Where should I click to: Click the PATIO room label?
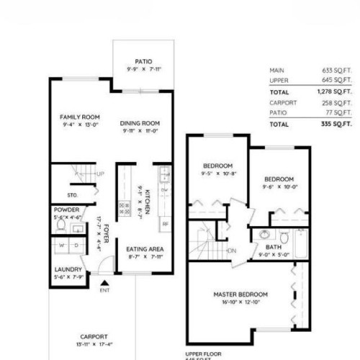point(142,62)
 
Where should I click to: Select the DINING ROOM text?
point(140,123)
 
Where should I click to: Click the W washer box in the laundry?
point(63,244)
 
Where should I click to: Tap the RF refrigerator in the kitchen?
point(164,224)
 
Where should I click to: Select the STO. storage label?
point(73,194)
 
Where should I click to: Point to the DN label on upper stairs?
point(232,251)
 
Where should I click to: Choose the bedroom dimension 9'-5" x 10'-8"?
point(217,174)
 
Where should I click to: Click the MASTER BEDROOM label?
point(240,294)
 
